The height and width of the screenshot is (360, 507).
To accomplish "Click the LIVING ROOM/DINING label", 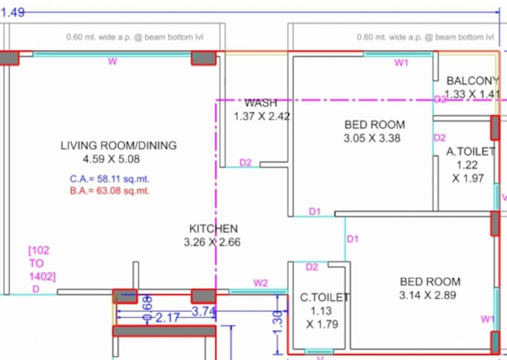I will click(118, 145).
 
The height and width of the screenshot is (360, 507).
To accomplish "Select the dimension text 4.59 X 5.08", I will click(111, 159).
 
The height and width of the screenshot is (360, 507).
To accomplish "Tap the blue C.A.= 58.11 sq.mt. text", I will click(110, 179).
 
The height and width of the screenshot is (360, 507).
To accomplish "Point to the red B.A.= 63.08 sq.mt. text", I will click(110, 191).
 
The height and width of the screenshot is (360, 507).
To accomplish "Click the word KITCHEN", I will click(213, 229).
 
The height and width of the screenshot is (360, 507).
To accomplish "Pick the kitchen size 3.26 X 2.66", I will click(212, 242).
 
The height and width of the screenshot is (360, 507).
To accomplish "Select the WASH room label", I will click(261, 103).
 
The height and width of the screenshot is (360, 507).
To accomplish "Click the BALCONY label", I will click(472, 81).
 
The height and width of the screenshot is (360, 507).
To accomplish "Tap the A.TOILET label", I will click(470, 151).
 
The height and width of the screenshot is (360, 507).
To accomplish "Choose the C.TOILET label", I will click(324, 298).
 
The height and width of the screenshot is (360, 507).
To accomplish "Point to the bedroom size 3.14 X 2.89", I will click(428, 295).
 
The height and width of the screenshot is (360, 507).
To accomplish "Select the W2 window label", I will click(261, 283).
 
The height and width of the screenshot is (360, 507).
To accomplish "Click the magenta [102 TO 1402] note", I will click(42, 263).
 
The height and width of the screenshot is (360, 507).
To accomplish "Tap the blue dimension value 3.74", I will click(204, 311).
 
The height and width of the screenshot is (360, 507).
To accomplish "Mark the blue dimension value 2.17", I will click(167, 319).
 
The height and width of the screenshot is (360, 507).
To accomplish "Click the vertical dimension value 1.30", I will click(278, 323).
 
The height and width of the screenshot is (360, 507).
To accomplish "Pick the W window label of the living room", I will click(113, 61).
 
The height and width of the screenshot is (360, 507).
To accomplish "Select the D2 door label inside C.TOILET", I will click(312, 267).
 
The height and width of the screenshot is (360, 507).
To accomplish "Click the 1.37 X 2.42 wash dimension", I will click(262, 116).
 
